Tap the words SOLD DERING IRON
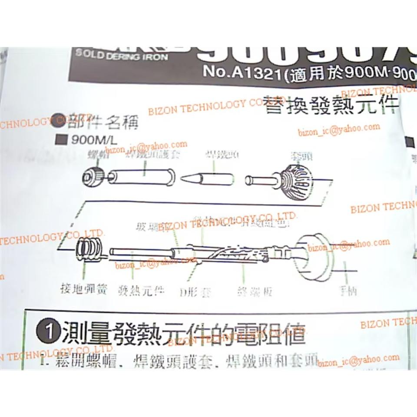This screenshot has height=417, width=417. coord(122,56)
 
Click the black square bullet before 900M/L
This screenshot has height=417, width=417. coord(61,140)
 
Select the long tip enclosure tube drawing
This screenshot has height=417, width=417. coord(142,177)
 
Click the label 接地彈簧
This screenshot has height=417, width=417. coord(84,288)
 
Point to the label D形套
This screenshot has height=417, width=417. coord(195,292)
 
